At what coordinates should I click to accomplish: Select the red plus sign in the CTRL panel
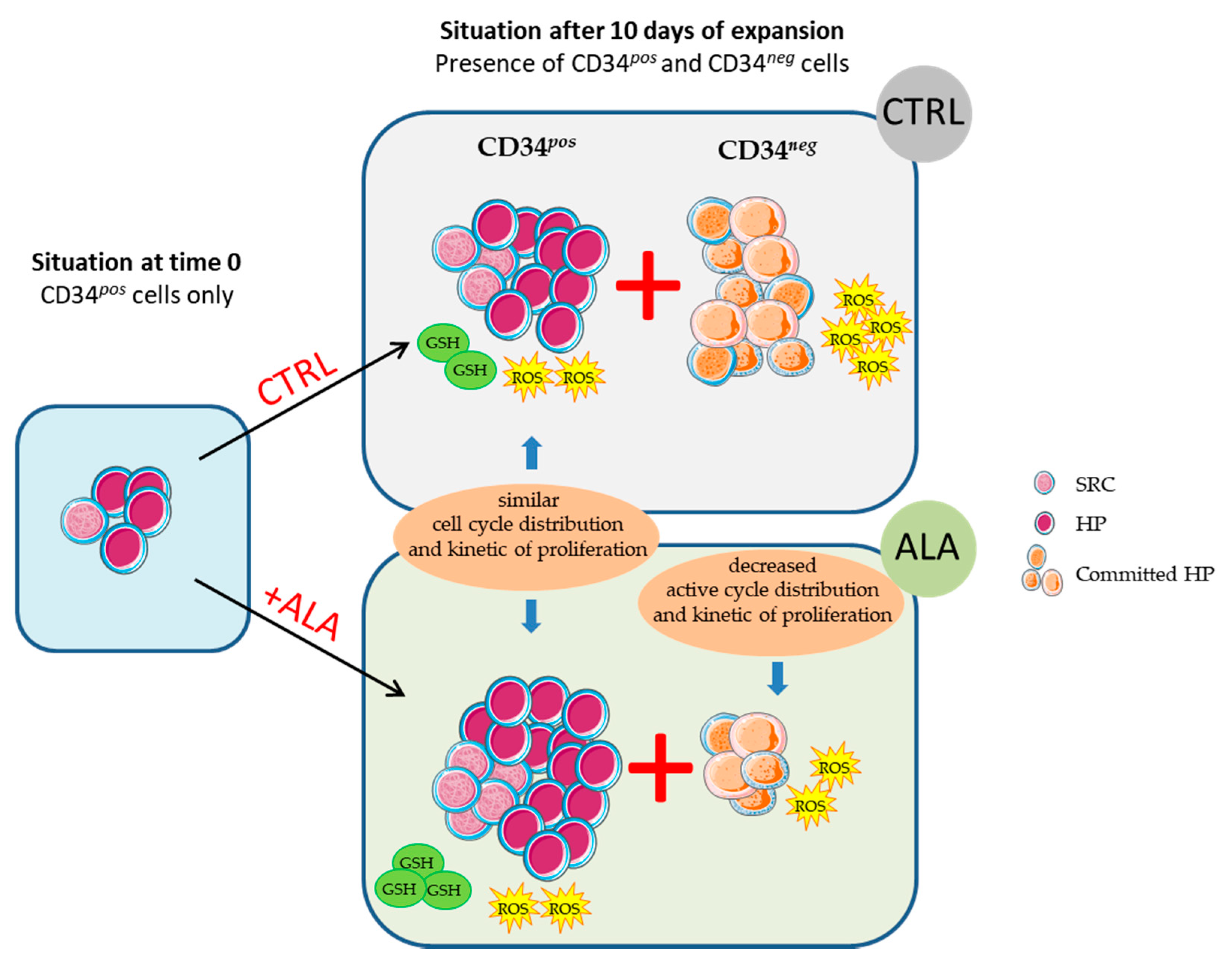[x=648, y=285]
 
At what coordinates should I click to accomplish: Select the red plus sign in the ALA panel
[x=660, y=768]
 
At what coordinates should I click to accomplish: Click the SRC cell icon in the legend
[x=1044, y=484]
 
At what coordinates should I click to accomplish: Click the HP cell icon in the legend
[x=1044, y=523]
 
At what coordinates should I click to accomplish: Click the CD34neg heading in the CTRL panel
[x=766, y=149]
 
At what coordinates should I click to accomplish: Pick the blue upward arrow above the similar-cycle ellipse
[x=532, y=453]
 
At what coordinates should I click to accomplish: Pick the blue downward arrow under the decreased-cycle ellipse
[x=777, y=678]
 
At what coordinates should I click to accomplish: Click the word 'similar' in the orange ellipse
[x=528, y=500]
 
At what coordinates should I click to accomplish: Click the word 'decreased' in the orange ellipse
[x=772, y=565]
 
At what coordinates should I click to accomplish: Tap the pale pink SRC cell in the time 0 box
[x=85, y=520]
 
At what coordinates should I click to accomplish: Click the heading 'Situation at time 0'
[x=136, y=263]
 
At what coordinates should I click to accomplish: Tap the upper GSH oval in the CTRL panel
[x=443, y=342]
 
